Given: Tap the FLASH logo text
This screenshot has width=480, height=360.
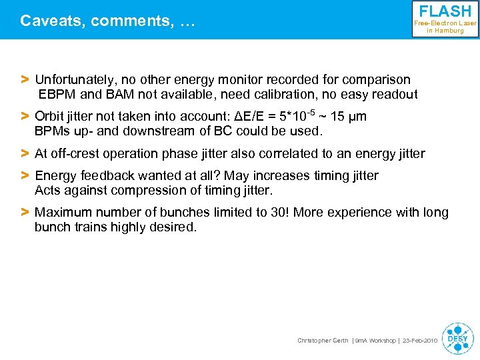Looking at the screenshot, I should coord(445,11).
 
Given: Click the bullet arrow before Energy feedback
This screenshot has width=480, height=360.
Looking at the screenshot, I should coord(25,176).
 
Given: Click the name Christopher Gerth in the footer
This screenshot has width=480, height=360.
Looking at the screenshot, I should coord(323,341).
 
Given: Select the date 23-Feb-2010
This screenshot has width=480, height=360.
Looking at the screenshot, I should coord(419,341).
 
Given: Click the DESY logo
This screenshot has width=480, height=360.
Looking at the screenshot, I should coord(457,337).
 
